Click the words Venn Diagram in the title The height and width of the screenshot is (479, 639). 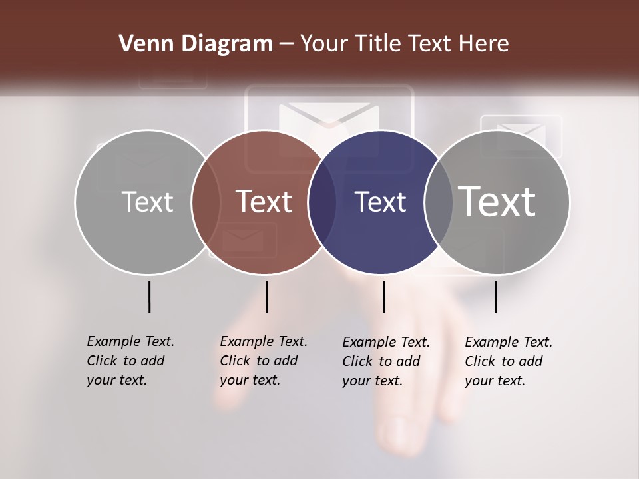point(196,44)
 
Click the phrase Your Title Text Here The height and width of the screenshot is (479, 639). point(404,44)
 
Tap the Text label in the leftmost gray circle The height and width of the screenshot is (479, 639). point(147,202)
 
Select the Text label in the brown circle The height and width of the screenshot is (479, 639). point(264,202)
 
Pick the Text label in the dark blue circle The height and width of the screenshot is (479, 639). point(380,202)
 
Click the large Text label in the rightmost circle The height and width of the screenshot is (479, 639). point(497,201)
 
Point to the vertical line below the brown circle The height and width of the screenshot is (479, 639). point(266,297)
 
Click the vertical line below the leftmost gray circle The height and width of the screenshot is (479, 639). point(149,297)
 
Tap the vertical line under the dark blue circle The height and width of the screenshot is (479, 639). point(383,297)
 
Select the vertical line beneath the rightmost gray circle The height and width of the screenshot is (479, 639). point(495,297)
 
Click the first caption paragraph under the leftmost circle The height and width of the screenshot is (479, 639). point(130,361)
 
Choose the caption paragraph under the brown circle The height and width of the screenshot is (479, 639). point(264,361)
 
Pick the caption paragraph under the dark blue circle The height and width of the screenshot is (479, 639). point(386,361)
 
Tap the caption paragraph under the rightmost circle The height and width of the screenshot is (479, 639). point(509,361)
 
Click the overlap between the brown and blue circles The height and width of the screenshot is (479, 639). point(322,202)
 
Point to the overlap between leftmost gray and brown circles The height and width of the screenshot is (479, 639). point(206,202)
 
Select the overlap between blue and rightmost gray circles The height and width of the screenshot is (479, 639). point(439,202)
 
